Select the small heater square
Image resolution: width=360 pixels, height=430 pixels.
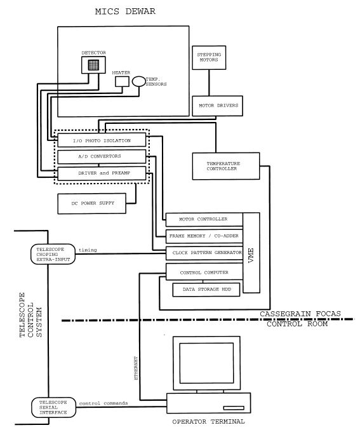(121, 81)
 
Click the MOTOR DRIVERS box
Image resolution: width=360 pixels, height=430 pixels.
(216, 105)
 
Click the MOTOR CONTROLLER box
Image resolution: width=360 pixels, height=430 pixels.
(203, 220)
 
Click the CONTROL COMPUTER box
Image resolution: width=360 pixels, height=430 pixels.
(203, 272)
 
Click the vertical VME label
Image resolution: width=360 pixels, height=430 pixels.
(252, 254)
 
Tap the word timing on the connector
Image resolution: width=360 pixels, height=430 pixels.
(87, 250)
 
